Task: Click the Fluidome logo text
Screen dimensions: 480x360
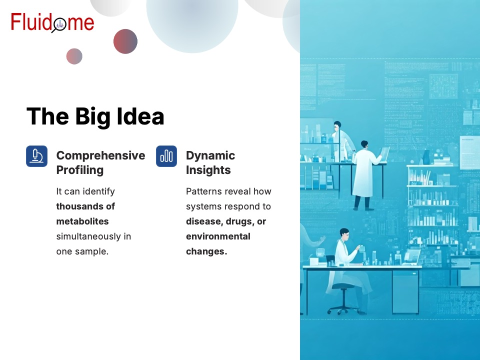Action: tap(52, 22)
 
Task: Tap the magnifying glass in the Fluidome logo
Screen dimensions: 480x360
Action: tap(59, 25)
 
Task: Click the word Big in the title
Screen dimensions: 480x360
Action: tap(93, 117)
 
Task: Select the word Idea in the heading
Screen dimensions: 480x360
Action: tap(140, 116)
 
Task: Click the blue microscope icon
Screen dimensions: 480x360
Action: tap(36, 156)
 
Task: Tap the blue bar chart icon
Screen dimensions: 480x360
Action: tap(166, 156)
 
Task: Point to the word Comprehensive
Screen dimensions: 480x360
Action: tap(100, 156)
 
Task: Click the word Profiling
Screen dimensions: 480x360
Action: tap(80, 170)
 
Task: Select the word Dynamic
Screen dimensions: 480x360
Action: tap(210, 156)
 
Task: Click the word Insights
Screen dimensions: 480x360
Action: tap(208, 170)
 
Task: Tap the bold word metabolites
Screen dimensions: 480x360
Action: tap(82, 221)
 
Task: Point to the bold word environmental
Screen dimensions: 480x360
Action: tap(218, 236)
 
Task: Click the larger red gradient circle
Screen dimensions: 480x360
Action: tap(125, 41)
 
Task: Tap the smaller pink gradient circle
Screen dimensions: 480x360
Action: tap(74, 56)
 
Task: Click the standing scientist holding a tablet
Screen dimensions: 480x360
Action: tap(366, 175)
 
